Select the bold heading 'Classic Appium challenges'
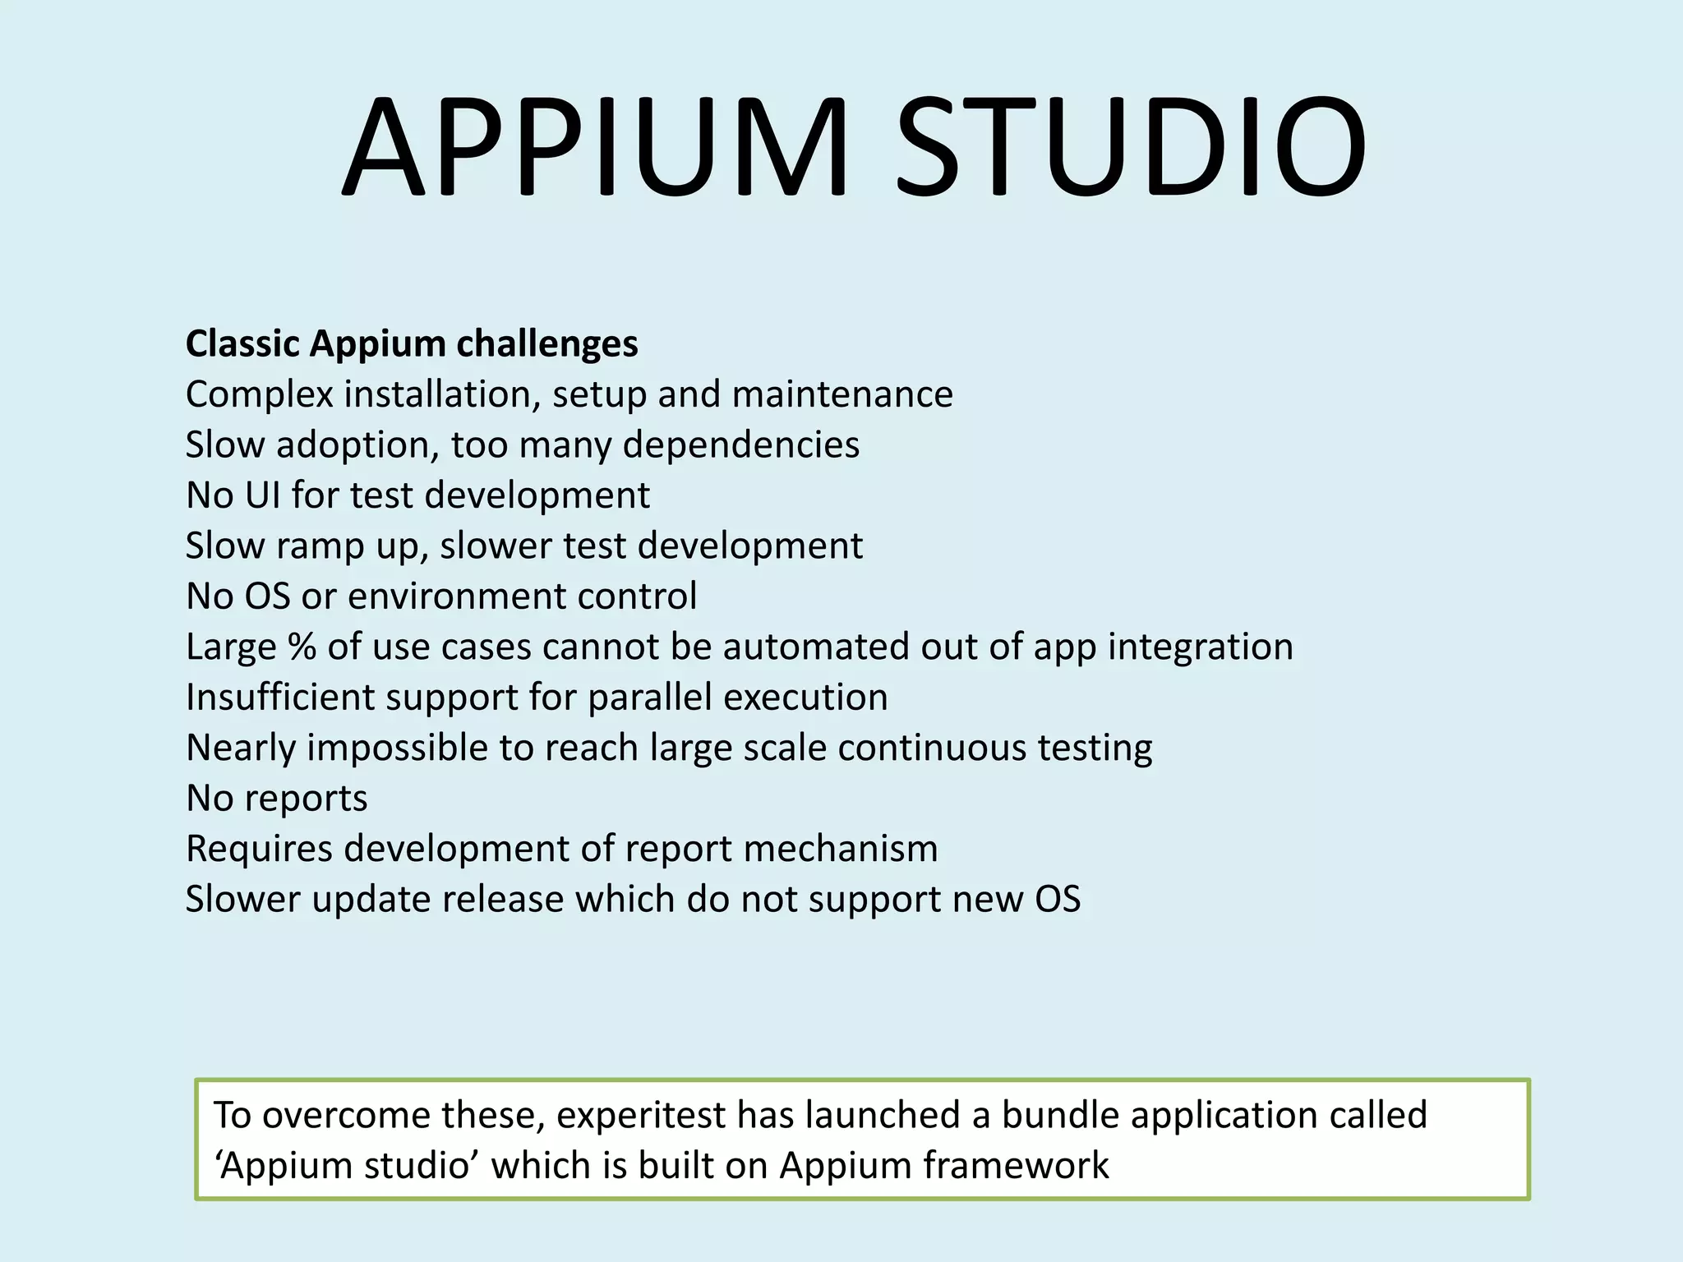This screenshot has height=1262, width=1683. (x=412, y=343)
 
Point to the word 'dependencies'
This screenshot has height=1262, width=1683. (x=741, y=445)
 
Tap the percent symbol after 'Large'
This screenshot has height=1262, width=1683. (x=302, y=647)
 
